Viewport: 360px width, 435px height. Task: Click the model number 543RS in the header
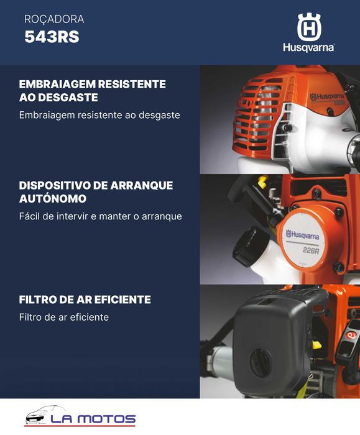(52, 37)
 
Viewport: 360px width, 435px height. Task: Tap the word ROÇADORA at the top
(54, 19)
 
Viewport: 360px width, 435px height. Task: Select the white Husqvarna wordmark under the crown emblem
(308, 48)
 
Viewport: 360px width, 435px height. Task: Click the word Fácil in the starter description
(30, 216)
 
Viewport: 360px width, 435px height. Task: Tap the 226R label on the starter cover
(310, 250)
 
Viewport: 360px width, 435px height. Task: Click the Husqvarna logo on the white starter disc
(302, 235)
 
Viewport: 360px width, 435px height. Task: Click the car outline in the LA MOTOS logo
(47, 415)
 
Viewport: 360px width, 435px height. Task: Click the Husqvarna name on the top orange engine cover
(326, 97)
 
